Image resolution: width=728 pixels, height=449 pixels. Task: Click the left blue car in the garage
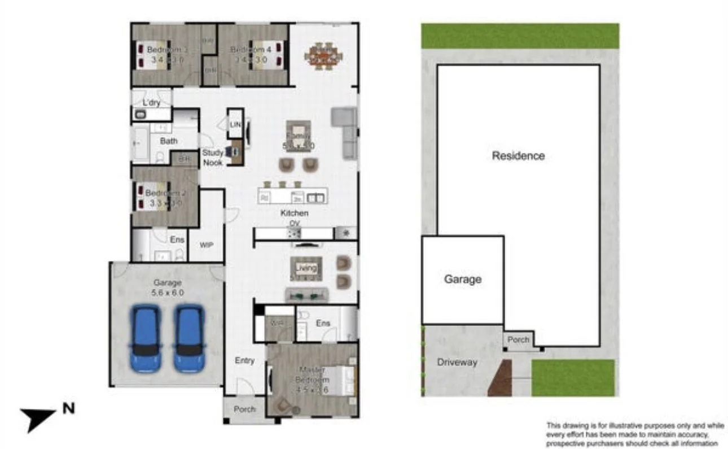(x=146, y=338)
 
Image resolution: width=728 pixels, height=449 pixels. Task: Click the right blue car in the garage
(x=188, y=338)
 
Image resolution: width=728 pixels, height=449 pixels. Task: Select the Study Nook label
(x=213, y=158)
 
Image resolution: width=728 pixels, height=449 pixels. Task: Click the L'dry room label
(x=152, y=102)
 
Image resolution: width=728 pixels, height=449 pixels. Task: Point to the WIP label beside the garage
(x=206, y=245)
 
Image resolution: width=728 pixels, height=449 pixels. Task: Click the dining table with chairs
(x=323, y=56)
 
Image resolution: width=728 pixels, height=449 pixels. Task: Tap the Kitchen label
(x=295, y=213)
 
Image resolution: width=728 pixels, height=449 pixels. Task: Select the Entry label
(x=244, y=360)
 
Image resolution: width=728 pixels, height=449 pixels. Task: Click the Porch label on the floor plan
(x=244, y=409)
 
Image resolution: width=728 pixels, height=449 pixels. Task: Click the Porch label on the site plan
(x=518, y=339)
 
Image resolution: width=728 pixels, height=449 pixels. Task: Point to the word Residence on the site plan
(x=518, y=156)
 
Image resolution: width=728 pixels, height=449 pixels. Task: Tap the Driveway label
(x=457, y=362)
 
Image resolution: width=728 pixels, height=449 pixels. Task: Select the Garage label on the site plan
(x=462, y=279)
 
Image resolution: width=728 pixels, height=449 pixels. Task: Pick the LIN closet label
(x=235, y=124)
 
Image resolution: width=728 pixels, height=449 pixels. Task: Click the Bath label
(x=168, y=141)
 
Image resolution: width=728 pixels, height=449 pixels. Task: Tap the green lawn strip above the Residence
(x=519, y=36)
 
